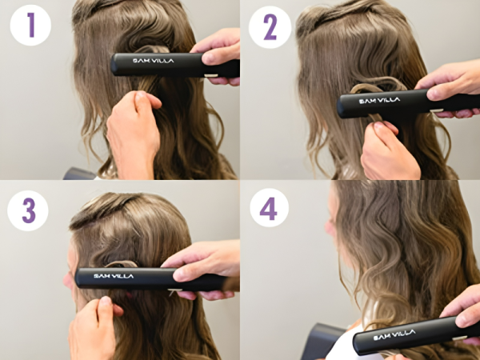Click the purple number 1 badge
pyautogui.click(x=30, y=25)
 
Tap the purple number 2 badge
pyautogui.click(x=270, y=27)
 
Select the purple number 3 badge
pyautogui.click(x=28, y=210)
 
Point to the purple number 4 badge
pyautogui.click(x=269, y=208)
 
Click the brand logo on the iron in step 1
pyautogui.click(x=154, y=61)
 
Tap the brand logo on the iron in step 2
pyautogui.click(x=379, y=101)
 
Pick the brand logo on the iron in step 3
pyautogui.click(x=114, y=276)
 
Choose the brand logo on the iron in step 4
pyautogui.click(x=394, y=335)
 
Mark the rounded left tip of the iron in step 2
pyautogui.click(x=338, y=108)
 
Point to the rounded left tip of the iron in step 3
pyautogui.click(x=77, y=278)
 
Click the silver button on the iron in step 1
pyautogui.click(x=211, y=75)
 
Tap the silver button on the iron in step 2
pyautogui.click(x=437, y=110)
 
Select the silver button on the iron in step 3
pyautogui.click(x=174, y=290)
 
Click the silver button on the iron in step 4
pyautogui.click(x=460, y=338)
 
